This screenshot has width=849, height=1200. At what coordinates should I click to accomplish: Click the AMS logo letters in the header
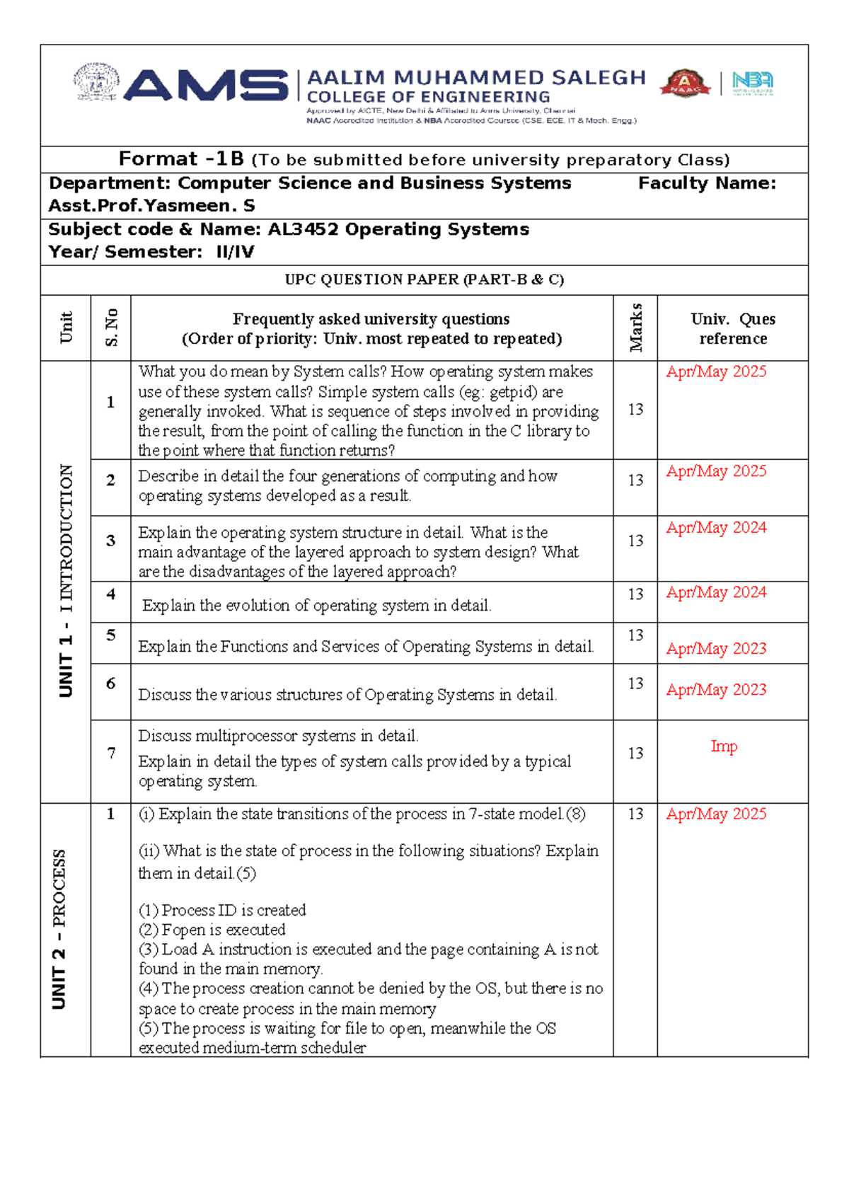coord(206,86)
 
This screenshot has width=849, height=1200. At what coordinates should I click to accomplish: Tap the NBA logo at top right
coord(752,83)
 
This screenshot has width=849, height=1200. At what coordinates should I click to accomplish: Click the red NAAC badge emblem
coord(684,83)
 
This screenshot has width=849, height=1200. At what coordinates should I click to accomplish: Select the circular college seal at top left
coord(96,82)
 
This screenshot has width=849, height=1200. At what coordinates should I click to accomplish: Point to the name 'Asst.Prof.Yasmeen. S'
coord(151,206)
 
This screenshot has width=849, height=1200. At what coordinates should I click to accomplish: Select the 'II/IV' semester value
coord(235,253)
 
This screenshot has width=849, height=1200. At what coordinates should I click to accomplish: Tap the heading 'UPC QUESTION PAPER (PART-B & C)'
coord(424,279)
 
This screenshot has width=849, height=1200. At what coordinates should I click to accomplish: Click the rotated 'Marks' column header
coord(635,328)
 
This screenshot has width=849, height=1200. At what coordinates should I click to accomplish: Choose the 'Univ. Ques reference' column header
coord(732,328)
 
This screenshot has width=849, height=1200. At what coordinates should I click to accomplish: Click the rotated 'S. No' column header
coord(111,328)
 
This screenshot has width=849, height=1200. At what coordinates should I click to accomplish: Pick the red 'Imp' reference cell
coord(724,746)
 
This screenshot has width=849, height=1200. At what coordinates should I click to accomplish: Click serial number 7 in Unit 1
coord(111,754)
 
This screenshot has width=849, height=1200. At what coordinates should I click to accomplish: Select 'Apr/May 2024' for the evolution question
coord(716,592)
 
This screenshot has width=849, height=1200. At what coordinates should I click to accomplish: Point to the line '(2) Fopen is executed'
coord(212,930)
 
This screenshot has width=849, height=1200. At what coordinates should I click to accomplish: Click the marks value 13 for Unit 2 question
coord(635,814)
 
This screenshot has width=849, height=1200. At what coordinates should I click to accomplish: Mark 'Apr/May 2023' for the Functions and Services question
coord(716,649)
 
